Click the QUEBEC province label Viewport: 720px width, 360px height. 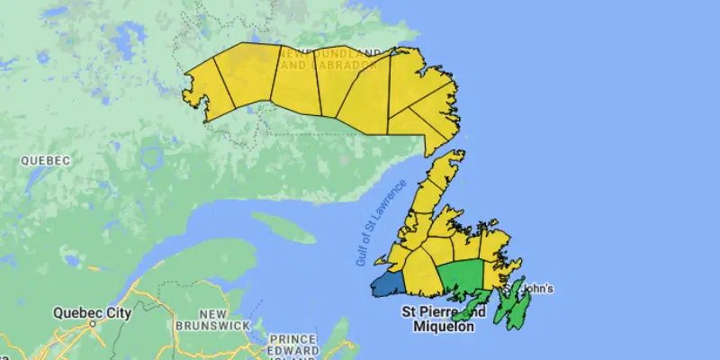pyautogui.click(x=45, y=160)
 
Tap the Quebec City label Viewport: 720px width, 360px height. pyautogui.click(x=92, y=313)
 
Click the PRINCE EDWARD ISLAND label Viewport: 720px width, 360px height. pyautogui.click(x=292, y=345)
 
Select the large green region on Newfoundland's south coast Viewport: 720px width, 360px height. pyautogui.click(x=461, y=274)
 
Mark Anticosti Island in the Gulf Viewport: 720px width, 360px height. pyautogui.click(x=283, y=227)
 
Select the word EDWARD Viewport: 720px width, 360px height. pyautogui.click(x=293, y=350)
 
